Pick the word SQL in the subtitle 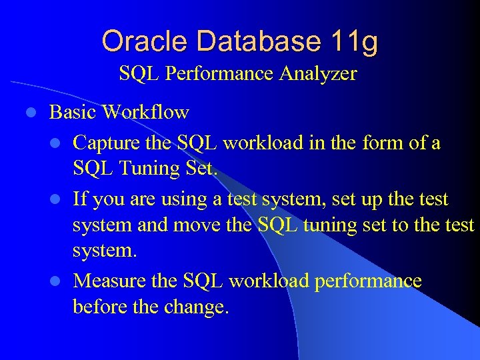point(139,73)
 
